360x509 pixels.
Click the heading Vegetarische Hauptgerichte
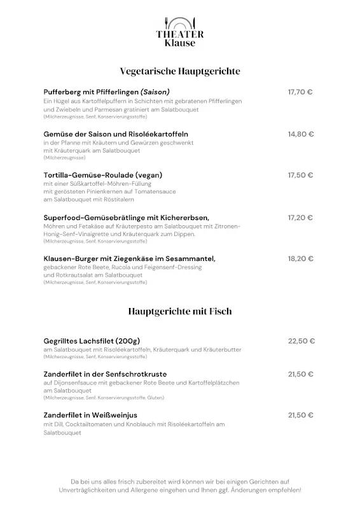(x=180, y=71)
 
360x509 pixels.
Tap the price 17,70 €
(x=300, y=92)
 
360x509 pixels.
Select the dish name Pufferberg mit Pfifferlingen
(x=90, y=92)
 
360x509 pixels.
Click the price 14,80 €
(x=301, y=134)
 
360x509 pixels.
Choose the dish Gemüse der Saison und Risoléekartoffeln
(x=116, y=134)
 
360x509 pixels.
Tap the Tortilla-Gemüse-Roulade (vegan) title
(x=103, y=175)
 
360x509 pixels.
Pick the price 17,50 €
(x=300, y=175)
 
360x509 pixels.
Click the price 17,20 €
(x=300, y=218)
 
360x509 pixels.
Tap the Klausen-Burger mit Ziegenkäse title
(x=129, y=258)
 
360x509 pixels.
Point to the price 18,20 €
(x=301, y=258)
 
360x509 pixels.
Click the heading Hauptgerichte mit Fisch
(x=180, y=311)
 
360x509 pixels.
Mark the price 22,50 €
(x=301, y=341)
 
